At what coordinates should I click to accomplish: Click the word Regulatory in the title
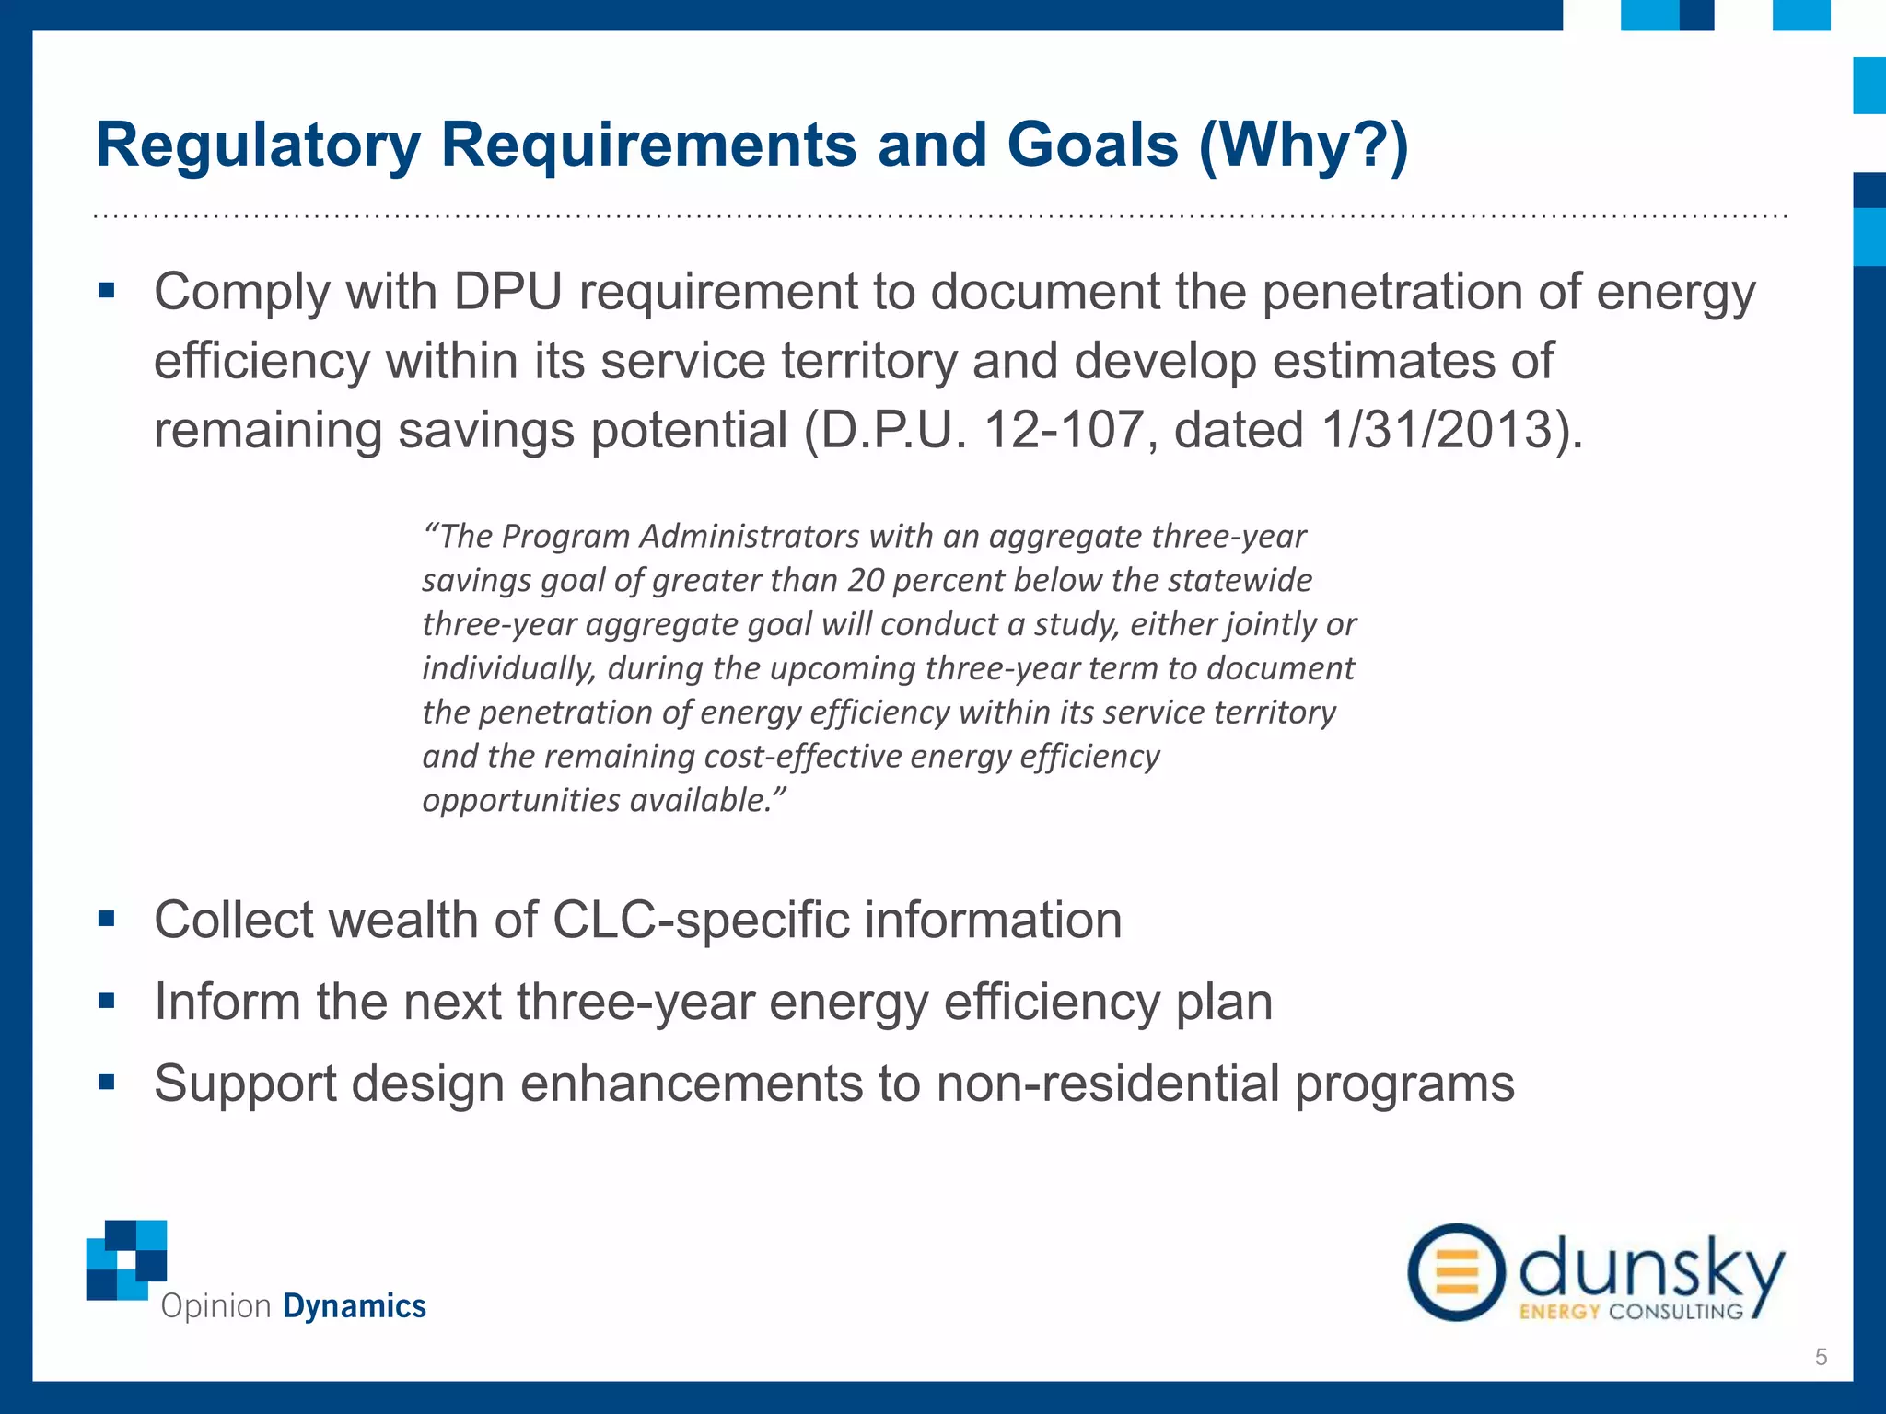click(258, 146)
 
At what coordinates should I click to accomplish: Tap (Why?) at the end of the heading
click(1303, 146)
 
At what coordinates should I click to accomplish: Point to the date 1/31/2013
click(1433, 431)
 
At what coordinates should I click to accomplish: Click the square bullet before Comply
click(107, 292)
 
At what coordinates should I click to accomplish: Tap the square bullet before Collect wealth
click(107, 919)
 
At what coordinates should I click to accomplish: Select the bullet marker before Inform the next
click(107, 1001)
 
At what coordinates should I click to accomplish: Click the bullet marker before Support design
click(107, 1083)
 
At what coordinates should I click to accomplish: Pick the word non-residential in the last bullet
click(1108, 1084)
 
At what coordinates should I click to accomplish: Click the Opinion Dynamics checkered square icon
click(127, 1259)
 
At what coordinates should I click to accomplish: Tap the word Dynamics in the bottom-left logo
click(354, 1306)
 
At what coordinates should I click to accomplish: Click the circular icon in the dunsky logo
click(1456, 1272)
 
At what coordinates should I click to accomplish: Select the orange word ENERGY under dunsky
click(1559, 1311)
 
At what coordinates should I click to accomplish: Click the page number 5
click(1820, 1357)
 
